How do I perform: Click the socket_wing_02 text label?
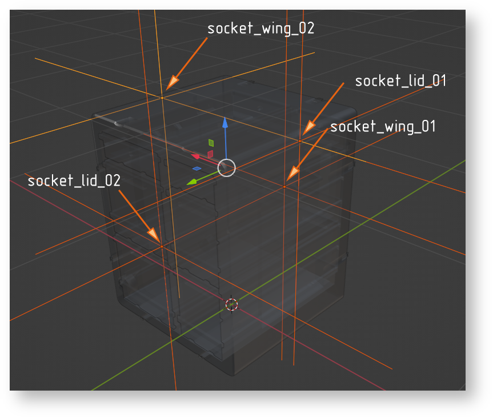(260, 29)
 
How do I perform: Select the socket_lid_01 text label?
(400, 81)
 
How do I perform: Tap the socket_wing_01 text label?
(383, 127)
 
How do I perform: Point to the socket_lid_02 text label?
(74, 180)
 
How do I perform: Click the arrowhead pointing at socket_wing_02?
(172, 83)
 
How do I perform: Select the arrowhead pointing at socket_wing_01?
(292, 173)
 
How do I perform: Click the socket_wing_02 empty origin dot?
(162, 98)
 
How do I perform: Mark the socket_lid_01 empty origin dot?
(300, 141)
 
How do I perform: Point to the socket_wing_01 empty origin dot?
(284, 187)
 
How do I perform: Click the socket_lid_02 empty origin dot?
(162, 247)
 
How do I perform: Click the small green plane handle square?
(211, 143)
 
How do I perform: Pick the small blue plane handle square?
(197, 169)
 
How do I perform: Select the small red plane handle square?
(210, 154)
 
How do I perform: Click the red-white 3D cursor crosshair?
(232, 304)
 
